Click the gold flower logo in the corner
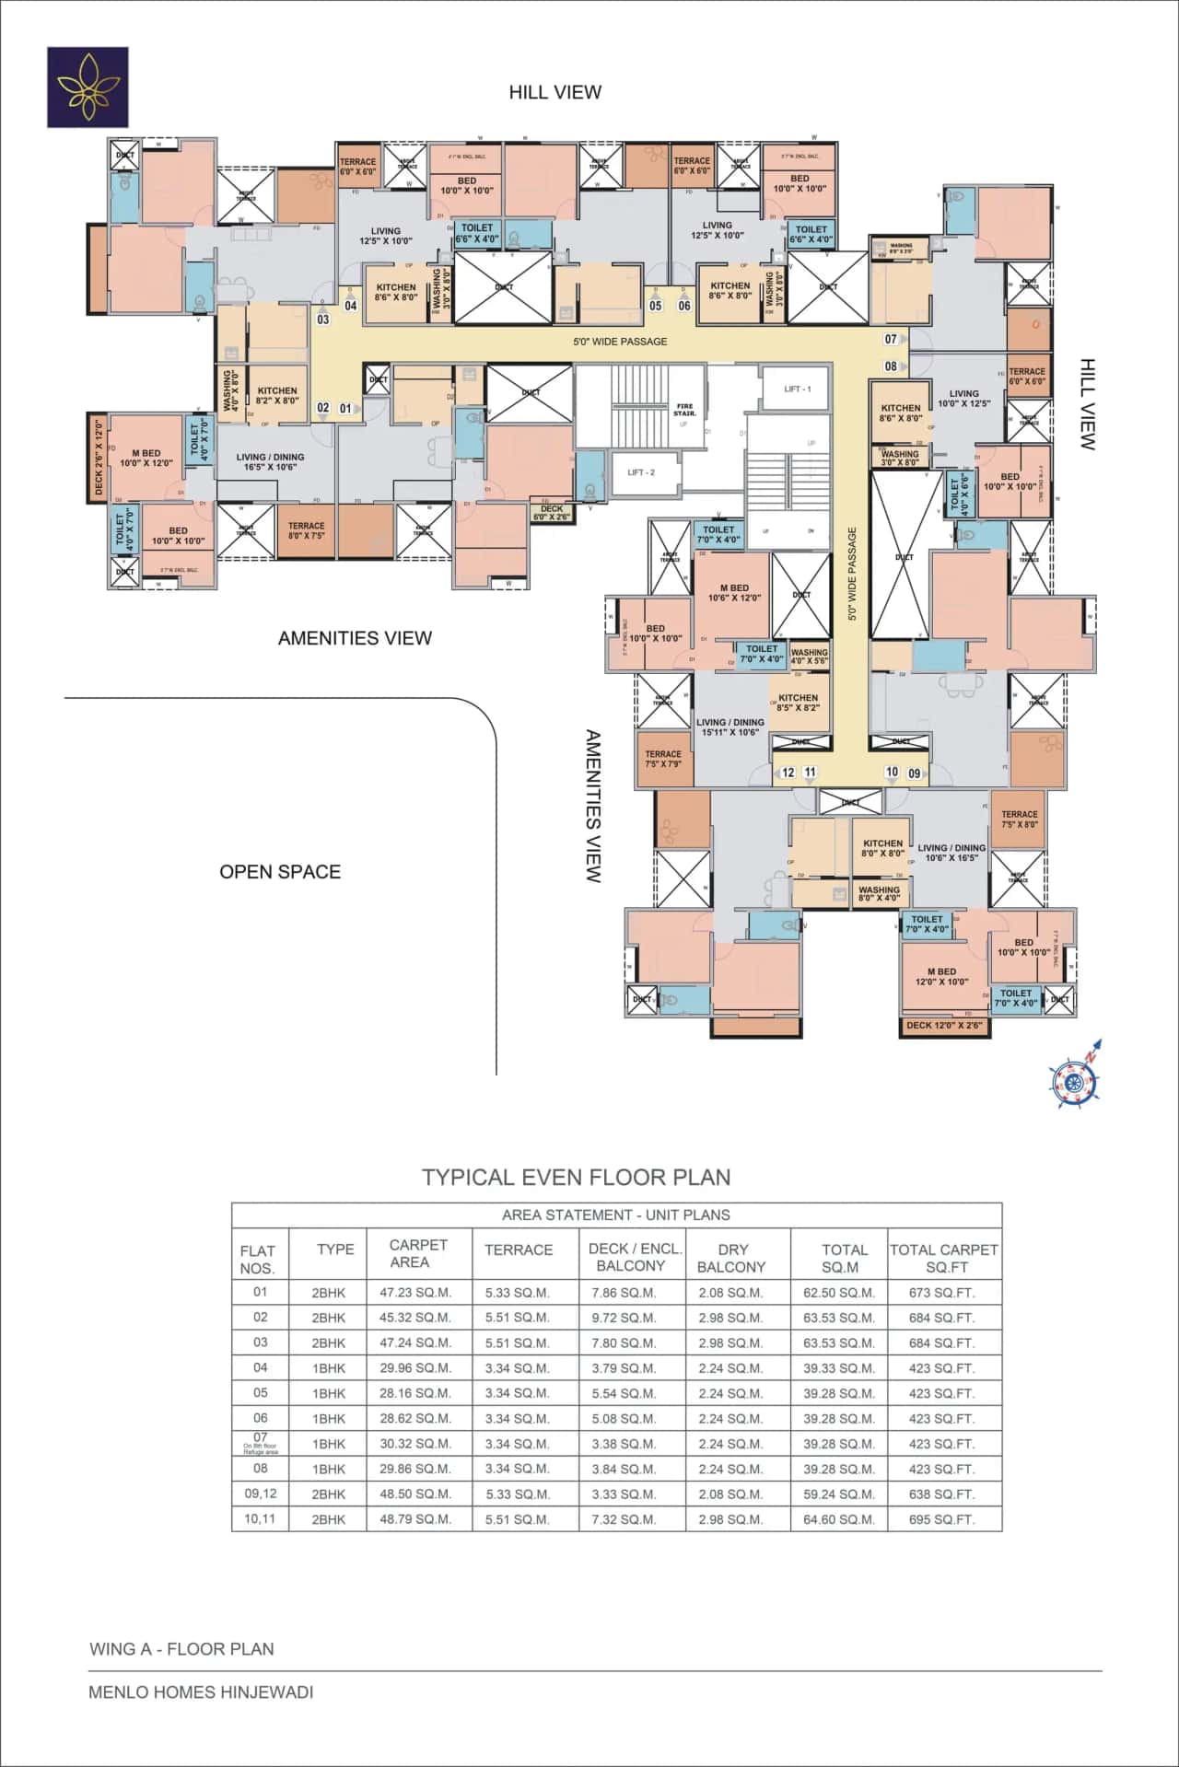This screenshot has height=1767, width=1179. coord(88,87)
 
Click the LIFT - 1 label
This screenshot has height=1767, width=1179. coord(798,389)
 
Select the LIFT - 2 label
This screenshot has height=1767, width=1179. coord(641,472)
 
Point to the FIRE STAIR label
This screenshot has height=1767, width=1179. coord(684,410)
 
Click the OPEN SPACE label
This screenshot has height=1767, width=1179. coord(280,872)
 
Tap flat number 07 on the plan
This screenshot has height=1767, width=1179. coord(891,340)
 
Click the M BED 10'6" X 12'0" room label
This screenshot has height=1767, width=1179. coord(734,593)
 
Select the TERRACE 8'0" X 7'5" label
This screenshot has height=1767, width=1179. coord(306,530)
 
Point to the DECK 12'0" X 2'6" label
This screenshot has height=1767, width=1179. coord(944,1025)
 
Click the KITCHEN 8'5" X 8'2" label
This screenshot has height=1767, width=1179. coord(798,703)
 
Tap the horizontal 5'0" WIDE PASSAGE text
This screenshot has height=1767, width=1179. coord(620,342)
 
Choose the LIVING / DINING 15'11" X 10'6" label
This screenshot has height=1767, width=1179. coord(730,727)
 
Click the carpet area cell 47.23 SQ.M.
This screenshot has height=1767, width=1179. coord(415,1293)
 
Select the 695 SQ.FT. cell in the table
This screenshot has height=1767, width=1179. coord(941,1519)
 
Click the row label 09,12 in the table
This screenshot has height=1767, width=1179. coord(261,1494)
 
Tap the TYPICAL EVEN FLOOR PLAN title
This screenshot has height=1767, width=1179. coord(577,1178)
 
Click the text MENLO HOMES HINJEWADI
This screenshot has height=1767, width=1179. coord(201,1692)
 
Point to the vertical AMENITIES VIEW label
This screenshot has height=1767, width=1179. coord(594,806)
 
